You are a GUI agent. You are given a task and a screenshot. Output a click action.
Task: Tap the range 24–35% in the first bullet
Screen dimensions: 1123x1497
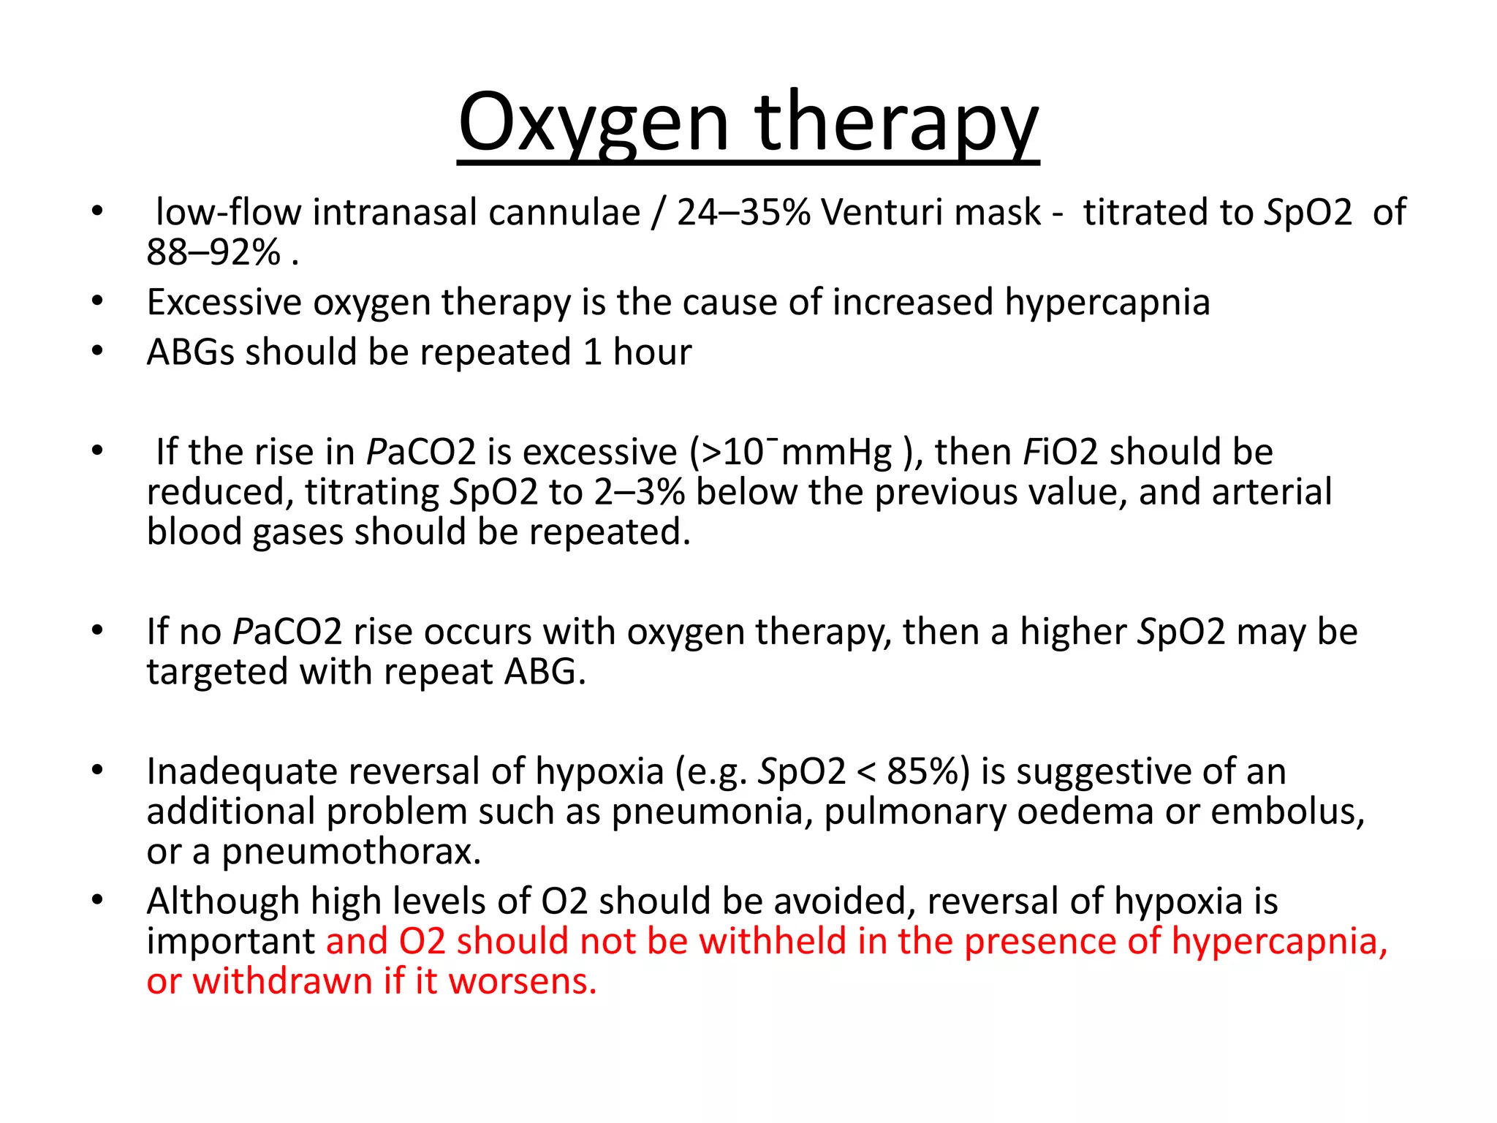[x=743, y=213]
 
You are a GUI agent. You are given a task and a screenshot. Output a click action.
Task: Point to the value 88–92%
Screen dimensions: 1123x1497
[x=213, y=253]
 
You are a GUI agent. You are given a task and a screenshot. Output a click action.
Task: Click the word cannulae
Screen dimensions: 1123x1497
[x=564, y=213]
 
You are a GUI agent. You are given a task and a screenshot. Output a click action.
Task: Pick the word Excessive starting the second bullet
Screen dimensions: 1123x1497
[x=224, y=303]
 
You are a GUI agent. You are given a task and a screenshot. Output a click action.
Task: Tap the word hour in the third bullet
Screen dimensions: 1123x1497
[x=652, y=352]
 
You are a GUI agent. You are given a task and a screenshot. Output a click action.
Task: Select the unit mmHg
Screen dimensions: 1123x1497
[x=836, y=453]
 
